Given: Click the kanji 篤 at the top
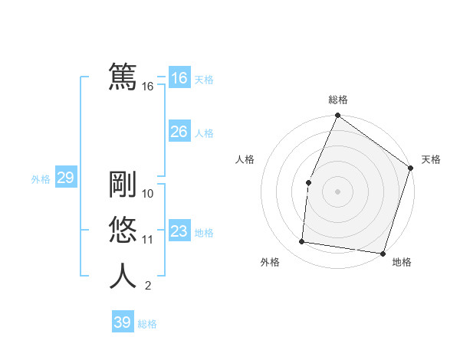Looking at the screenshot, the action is click(123, 77).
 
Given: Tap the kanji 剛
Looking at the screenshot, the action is click(123, 185).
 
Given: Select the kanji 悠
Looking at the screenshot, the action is click(123, 231).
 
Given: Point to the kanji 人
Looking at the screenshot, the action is click(123, 277).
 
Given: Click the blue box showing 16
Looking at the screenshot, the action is click(179, 78).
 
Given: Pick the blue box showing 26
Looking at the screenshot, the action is click(179, 132).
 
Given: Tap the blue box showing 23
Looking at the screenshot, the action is click(179, 231).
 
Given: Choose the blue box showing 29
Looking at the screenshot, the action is click(65, 178).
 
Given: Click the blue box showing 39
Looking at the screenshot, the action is click(122, 322).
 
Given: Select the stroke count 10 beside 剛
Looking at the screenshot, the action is click(148, 194).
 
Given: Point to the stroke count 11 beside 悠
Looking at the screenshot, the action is click(148, 240).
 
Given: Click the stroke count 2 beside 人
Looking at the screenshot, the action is click(148, 286).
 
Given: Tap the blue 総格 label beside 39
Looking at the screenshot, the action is click(147, 324).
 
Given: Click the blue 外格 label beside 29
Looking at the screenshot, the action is click(41, 179).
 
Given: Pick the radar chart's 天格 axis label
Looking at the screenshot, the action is click(431, 160).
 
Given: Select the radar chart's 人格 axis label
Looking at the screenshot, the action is click(245, 160).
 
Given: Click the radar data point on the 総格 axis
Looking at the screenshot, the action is click(337, 116).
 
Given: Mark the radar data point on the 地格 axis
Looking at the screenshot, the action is click(382, 253).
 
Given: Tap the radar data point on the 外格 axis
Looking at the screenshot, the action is click(302, 242).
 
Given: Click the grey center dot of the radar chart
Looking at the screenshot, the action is click(337, 191).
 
